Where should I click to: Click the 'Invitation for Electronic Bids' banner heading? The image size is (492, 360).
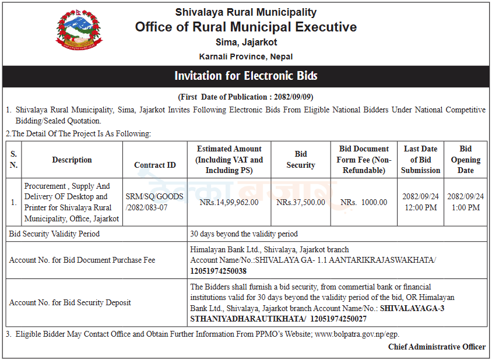(246, 76)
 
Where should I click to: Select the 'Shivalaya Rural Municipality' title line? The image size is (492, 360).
(246, 12)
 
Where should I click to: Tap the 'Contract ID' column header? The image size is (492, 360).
(154, 165)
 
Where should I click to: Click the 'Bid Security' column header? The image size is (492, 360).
(301, 160)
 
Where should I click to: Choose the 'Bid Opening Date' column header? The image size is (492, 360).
(466, 160)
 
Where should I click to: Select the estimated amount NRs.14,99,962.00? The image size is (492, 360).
(229, 202)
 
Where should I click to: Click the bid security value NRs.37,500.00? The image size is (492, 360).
(301, 202)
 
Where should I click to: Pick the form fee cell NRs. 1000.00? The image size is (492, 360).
(364, 202)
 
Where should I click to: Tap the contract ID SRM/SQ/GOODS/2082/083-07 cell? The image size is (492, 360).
(154, 202)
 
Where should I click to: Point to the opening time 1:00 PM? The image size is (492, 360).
(466, 207)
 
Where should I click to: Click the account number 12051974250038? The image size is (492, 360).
(219, 271)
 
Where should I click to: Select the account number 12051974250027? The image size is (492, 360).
(339, 319)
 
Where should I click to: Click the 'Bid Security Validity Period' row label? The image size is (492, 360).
(54, 234)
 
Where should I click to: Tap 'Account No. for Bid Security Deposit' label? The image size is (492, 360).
(70, 302)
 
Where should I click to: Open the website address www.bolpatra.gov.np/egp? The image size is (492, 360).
(357, 334)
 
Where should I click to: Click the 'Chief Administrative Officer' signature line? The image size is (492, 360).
(437, 347)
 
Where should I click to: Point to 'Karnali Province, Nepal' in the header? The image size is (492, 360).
(246, 57)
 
